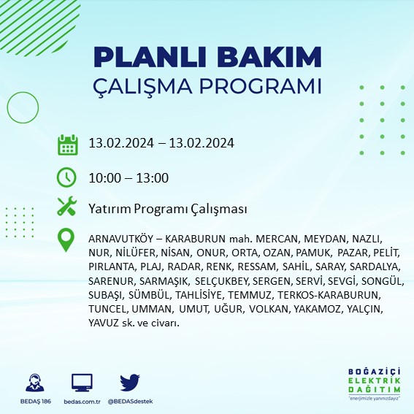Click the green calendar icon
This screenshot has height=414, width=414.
[67, 144]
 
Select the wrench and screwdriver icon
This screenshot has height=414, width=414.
[67, 207]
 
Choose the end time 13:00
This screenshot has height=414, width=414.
[152, 177]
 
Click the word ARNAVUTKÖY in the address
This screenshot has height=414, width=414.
[121, 239]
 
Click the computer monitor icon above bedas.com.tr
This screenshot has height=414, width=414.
[82, 383]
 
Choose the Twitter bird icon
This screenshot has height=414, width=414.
[130, 382]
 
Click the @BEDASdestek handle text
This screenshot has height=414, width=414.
[130, 401]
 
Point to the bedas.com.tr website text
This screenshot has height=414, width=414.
[82, 401]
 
